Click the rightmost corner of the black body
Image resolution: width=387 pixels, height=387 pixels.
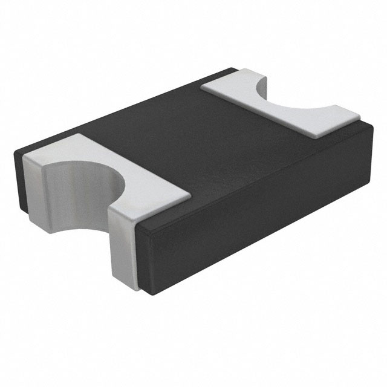tap(369, 130)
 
